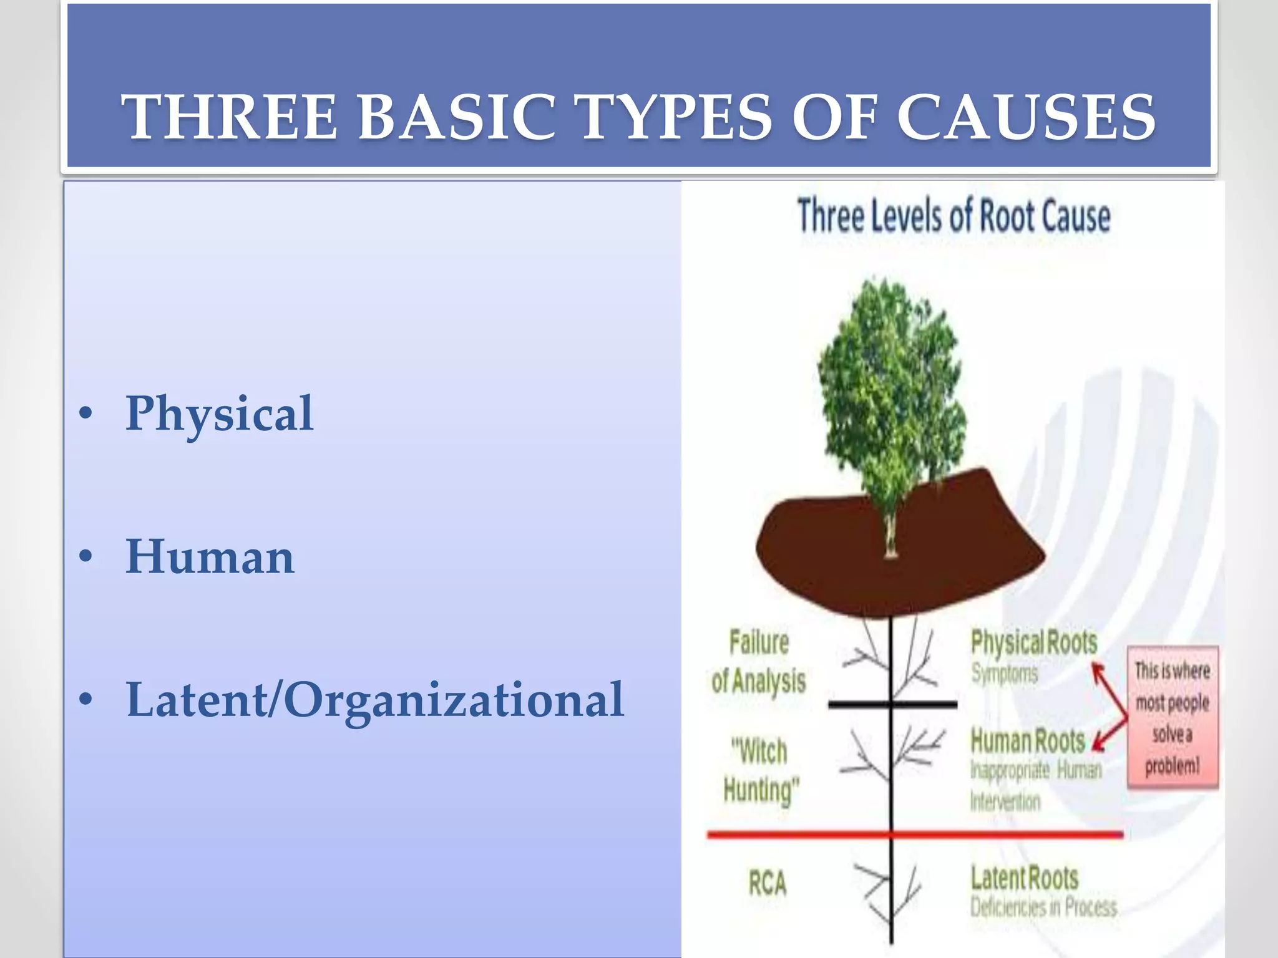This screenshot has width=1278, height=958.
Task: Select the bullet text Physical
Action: coord(219,414)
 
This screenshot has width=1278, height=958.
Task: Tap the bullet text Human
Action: coord(210,557)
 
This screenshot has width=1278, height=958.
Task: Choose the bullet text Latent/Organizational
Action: coord(374,700)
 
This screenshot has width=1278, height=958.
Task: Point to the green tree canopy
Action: coord(892,387)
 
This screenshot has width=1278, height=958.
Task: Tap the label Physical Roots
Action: coord(1033,643)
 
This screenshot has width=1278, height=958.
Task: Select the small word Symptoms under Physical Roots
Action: coord(1004,674)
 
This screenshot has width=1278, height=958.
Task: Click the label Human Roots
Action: coord(1028,742)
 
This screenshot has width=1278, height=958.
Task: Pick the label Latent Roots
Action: coord(1024,878)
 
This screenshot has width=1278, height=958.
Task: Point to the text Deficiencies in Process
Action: coord(1043,907)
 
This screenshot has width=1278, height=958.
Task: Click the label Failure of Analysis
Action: coord(759,662)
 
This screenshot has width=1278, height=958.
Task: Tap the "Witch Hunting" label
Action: coord(760,770)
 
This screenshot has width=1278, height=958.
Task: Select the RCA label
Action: coord(768,883)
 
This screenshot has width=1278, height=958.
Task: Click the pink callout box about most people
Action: coord(1172,717)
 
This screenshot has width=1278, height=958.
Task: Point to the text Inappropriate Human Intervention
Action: coord(1036,785)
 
